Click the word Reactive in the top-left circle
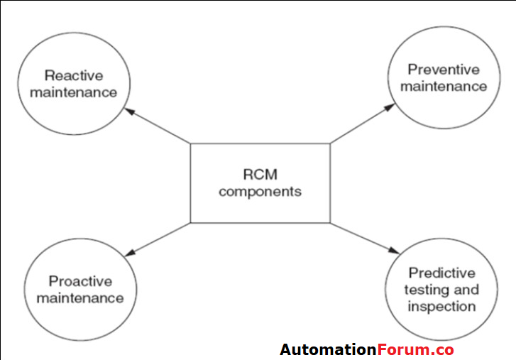click(x=73, y=75)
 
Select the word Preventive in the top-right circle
click(x=444, y=70)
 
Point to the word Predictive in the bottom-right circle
click(x=441, y=273)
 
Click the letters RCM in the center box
click(x=260, y=174)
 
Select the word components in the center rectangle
click(x=260, y=192)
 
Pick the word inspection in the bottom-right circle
click(x=441, y=307)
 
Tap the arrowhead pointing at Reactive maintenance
click(x=129, y=111)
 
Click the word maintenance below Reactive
click(x=73, y=92)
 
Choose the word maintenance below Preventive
click(x=444, y=87)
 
